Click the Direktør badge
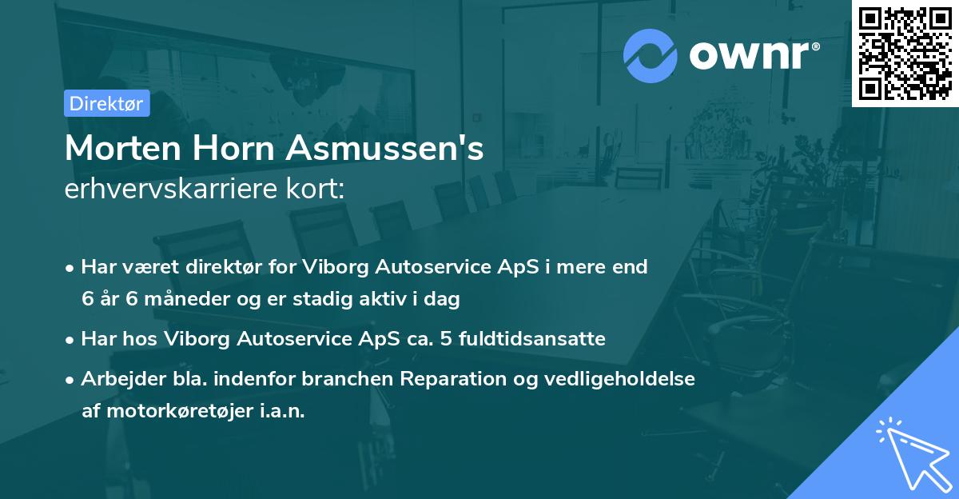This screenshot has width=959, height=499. pyautogui.click(x=106, y=103)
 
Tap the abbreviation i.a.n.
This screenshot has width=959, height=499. pyautogui.click(x=279, y=411)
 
